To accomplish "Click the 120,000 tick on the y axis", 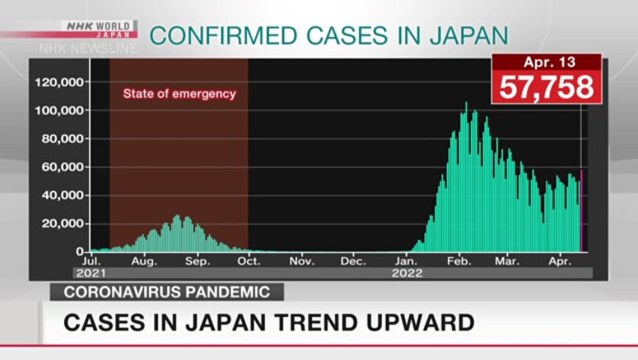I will point(58,82).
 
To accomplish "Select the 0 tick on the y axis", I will point(81,251).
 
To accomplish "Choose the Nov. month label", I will point(302,262).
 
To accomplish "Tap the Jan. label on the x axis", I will point(407,262).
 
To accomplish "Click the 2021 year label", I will point(90,273).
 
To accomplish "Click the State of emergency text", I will point(179,94).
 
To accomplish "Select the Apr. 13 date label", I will point(547,63).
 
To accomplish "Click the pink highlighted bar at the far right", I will point(581,211).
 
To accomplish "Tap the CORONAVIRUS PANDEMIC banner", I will point(166,292).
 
